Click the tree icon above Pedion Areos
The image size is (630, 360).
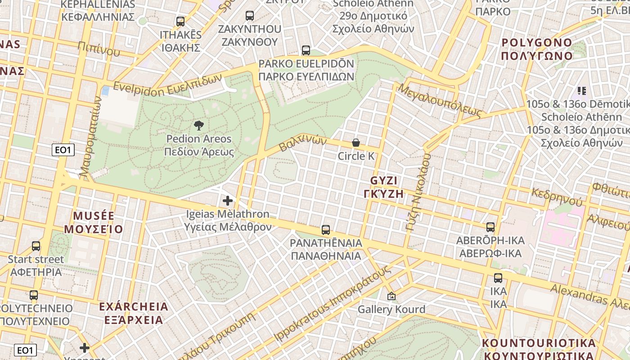point(198,125)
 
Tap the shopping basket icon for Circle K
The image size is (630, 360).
point(356,143)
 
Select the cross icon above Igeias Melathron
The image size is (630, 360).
point(228,200)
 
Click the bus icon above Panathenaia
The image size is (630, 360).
point(326,230)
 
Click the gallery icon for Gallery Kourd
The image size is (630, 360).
point(391,296)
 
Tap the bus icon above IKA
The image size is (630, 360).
point(498,278)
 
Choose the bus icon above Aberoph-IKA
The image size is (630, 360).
point(490,227)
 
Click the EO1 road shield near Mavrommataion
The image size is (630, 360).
point(63,150)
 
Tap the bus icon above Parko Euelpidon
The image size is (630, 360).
point(306,50)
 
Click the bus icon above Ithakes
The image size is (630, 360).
point(180,21)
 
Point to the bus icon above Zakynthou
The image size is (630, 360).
point(250,16)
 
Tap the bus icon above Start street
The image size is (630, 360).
point(36,246)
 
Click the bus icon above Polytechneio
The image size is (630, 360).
point(34,295)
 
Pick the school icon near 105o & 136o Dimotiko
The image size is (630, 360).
point(582,91)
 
